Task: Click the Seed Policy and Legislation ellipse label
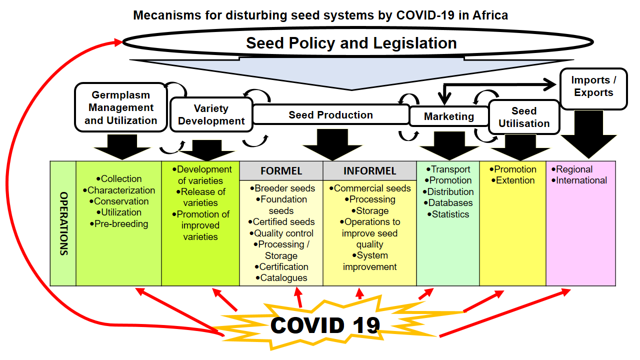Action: tap(351, 43)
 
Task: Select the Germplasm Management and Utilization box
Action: tap(120, 107)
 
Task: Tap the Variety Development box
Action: tap(211, 114)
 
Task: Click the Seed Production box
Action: tap(331, 114)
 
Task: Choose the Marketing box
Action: tap(449, 116)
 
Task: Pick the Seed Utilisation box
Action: tap(524, 117)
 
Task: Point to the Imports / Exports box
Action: tap(593, 89)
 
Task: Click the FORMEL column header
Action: tap(281, 171)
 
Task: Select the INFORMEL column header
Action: tap(369, 171)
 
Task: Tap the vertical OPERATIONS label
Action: tap(63, 223)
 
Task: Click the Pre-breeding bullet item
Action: tap(119, 223)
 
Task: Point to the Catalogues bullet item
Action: tap(281, 277)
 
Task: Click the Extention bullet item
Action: tap(513, 180)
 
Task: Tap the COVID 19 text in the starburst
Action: tap(325, 325)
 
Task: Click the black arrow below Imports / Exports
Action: tap(588, 134)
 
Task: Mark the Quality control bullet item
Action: tap(281, 233)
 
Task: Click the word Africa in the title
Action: tap(490, 15)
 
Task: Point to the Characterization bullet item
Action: tap(119, 190)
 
